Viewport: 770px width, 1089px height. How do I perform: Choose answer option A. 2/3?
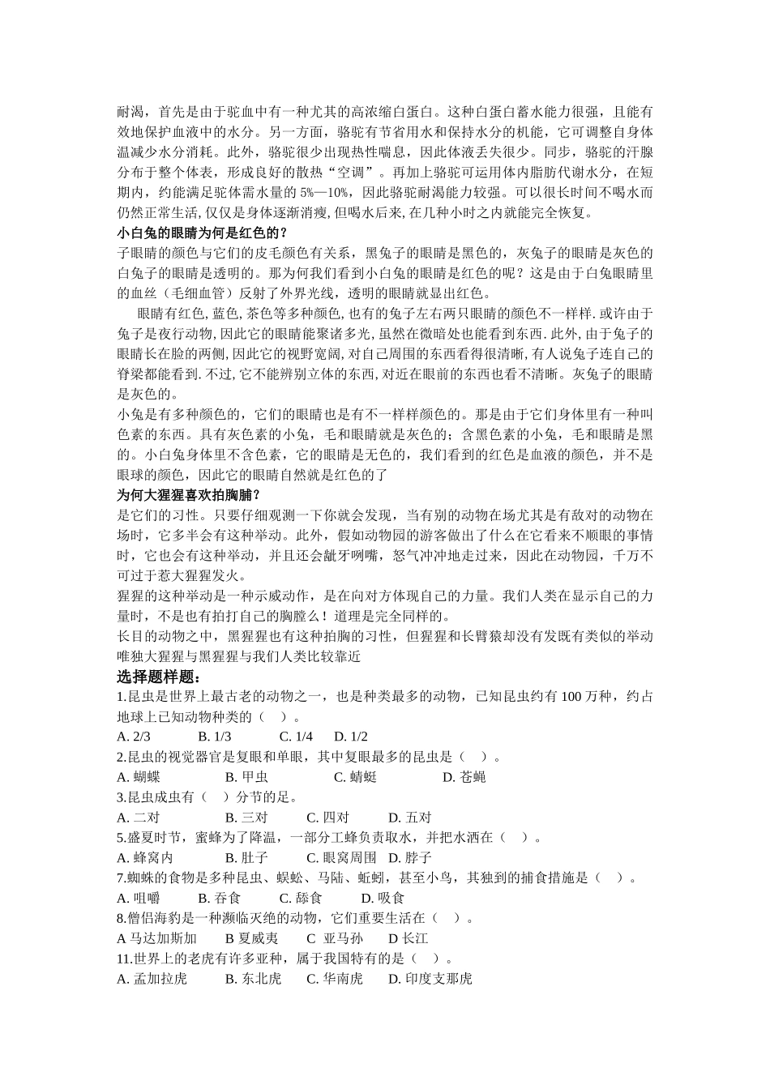click(x=135, y=737)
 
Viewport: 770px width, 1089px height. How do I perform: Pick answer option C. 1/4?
click(x=296, y=737)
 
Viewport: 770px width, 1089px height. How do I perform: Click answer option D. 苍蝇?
click(x=464, y=777)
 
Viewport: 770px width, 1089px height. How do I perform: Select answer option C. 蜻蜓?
click(x=355, y=777)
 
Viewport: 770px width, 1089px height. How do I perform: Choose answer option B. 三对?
click(x=246, y=818)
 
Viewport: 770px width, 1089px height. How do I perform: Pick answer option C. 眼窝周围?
click(x=341, y=857)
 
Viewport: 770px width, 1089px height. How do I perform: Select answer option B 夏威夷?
click(x=252, y=938)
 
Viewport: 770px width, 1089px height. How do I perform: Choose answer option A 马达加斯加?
click(x=157, y=938)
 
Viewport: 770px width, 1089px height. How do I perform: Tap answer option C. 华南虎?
click(x=334, y=979)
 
